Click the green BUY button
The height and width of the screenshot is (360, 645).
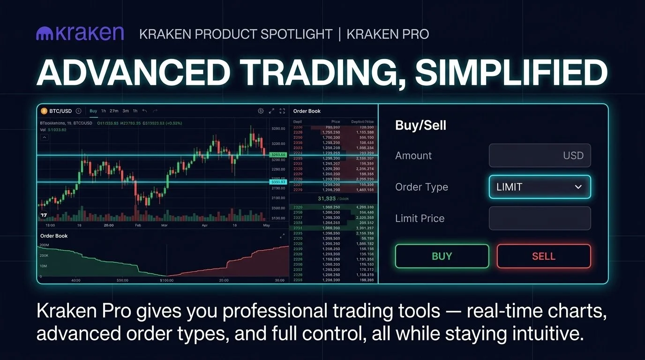[442, 256]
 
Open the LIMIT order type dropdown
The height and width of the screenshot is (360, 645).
[540, 187]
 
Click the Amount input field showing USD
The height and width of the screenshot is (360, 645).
[540, 156]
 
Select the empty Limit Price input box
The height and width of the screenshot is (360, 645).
[540, 218]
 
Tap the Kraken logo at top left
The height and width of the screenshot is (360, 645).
[80, 33]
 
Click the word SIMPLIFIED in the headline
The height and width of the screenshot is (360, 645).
[511, 73]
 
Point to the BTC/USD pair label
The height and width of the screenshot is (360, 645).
[60, 111]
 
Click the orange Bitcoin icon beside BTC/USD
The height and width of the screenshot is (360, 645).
[44, 111]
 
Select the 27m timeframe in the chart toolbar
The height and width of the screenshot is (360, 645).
[114, 111]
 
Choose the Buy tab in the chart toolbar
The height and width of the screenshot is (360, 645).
[93, 111]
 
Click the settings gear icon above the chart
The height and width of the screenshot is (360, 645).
[261, 111]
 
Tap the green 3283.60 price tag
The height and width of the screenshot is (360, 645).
[278, 155]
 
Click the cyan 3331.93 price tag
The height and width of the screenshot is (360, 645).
[278, 182]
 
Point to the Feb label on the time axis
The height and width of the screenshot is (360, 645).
[138, 225]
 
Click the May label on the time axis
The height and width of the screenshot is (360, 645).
[266, 225]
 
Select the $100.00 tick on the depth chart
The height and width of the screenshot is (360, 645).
[166, 280]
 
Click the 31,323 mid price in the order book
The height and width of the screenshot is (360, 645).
[327, 199]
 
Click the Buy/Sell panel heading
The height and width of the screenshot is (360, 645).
[420, 125]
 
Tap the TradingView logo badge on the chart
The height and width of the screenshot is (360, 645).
[44, 215]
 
